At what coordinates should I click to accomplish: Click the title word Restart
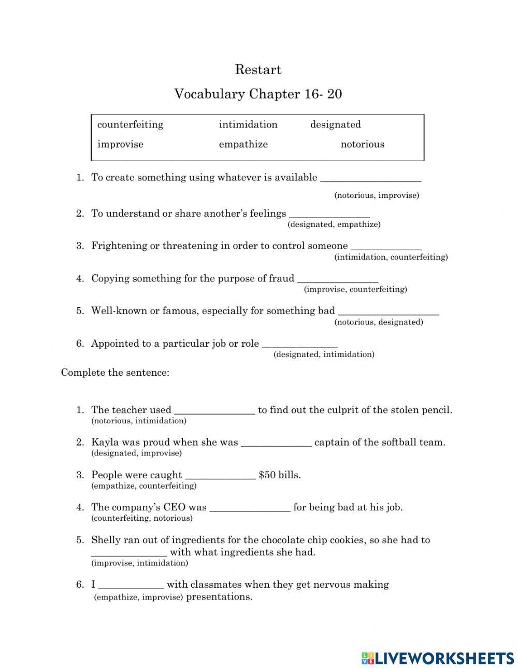coord(258,69)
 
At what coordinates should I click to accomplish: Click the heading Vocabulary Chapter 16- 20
coord(258,94)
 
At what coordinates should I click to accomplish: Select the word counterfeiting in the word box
coord(130,124)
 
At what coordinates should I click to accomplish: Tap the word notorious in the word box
coord(362,144)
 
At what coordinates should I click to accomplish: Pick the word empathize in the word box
coord(243,144)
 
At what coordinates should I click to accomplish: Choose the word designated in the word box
coord(335,124)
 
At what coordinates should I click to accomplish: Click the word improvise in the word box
coord(120,144)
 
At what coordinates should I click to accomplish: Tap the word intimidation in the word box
coord(248,124)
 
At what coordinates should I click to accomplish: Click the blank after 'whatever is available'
coord(370,178)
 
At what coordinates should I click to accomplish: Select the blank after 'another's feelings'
coord(329,215)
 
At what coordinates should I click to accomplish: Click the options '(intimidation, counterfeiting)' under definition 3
coord(391,257)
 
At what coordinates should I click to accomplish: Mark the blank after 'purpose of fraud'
coord(337,279)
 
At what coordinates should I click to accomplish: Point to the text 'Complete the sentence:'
coord(115,373)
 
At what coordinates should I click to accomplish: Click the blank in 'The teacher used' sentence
coord(214,410)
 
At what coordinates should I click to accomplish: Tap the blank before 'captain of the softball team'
coord(276,443)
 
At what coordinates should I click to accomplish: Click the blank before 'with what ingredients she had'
coord(129,553)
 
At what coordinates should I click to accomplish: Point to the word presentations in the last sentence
coord(219,596)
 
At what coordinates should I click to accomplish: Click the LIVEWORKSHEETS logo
coord(438,658)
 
